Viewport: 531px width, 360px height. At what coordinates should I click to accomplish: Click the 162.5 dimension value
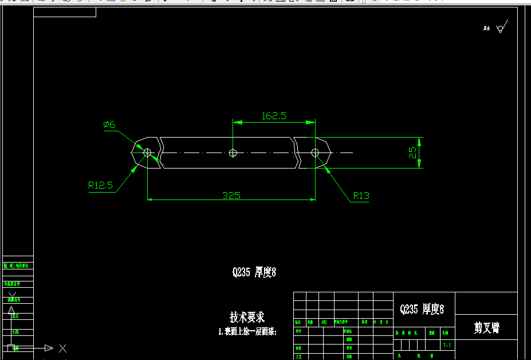click(274, 116)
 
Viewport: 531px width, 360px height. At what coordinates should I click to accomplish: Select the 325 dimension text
click(231, 195)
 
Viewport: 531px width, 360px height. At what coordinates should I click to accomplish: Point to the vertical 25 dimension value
click(412, 153)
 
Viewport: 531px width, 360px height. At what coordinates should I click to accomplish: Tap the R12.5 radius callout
click(100, 185)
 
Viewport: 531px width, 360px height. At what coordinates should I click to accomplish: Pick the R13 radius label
click(361, 195)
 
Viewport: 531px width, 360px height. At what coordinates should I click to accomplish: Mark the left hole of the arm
click(148, 152)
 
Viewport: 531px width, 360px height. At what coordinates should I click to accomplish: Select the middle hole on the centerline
click(233, 152)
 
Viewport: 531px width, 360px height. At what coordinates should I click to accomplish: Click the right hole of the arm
click(315, 152)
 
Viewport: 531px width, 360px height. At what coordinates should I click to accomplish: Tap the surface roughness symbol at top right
click(501, 27)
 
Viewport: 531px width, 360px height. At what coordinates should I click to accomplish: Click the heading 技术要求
click(247, 317)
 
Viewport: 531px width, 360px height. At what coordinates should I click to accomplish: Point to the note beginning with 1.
click(247, 331)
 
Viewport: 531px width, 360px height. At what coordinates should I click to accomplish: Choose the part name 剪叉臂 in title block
click(486, 328)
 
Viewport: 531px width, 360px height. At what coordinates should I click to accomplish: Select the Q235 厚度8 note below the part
click(254, 273)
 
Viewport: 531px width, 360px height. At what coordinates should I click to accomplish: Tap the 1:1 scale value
click(446, 346)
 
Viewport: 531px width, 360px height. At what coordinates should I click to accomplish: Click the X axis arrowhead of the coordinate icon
click(49, 348)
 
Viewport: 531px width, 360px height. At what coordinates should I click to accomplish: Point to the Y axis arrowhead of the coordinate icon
click(11, 310)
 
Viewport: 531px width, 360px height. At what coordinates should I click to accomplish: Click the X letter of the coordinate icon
click(63, 348)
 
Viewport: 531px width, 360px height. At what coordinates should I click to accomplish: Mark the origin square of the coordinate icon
click(11, 348)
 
